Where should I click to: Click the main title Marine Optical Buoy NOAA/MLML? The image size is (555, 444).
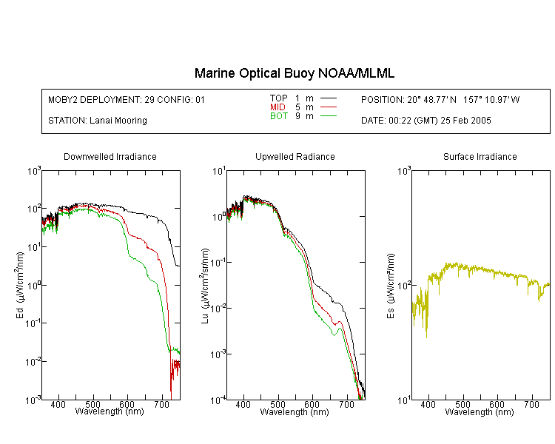pos(294,74)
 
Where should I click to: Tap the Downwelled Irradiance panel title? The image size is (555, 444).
pos(110,156)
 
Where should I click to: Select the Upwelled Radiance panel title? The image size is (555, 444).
pos(295,156)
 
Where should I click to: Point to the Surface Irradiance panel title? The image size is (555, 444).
pos(480,156)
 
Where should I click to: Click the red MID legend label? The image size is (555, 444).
pos(277,107)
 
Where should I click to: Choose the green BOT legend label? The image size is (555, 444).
pos(278,116)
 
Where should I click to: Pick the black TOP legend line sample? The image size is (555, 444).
pos(329,98)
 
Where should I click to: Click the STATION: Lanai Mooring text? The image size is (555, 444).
pos(98,121)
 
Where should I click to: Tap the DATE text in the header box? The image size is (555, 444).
pos(425,121)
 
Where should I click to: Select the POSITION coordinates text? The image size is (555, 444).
pos(440,100)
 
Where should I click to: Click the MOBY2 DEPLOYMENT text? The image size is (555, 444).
pos(127,100)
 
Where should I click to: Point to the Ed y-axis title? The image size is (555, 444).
pos(20,285)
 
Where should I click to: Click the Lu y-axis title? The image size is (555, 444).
pos(205,286)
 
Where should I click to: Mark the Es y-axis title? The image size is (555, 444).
pos(391,286)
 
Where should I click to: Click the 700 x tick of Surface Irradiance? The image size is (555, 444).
pos(531,404)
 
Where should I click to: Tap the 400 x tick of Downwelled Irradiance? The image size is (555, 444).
pos(58,404)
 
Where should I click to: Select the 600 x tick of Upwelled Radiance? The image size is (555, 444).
pos(312,404)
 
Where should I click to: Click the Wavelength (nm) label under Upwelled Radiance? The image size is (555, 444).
pos(295,412)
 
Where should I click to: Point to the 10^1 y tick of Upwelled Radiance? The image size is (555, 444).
pos(219,172)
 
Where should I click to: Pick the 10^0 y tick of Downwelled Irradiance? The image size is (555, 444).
pos(34,286)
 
